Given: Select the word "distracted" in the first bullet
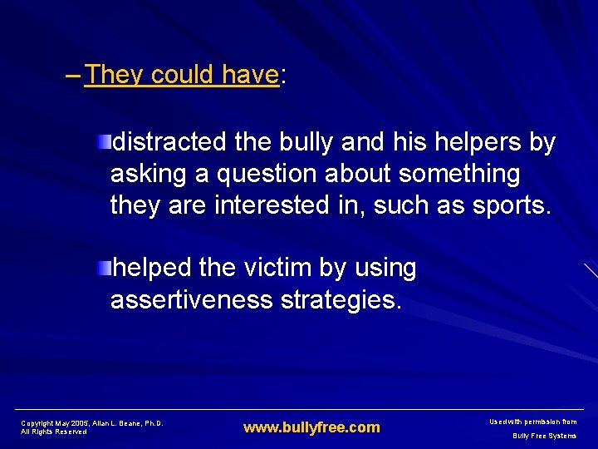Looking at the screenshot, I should point(169,142).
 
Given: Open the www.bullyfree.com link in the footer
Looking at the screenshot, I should point(311,428).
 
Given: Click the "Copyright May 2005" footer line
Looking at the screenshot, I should point(91,423).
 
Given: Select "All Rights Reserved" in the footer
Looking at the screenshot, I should point(54,432).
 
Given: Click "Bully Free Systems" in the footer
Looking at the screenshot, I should point(544,436).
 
